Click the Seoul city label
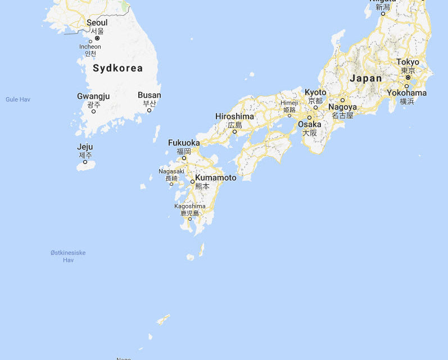[97, 22]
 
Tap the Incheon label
[90, 47]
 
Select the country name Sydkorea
[117, 69]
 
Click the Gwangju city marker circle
[93, 111]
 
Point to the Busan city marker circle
[149, 110]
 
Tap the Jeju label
[85, 147]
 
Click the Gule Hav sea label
[18, 99]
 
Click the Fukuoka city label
[184, 143]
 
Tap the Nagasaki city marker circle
[171, 184]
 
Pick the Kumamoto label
[216, 177]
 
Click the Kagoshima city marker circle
[190, 219]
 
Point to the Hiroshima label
[234, 116]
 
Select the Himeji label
[289, 103]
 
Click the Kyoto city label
[315, 92]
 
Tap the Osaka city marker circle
[309, 117]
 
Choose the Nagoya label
[342, 107]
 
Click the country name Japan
[365, 78]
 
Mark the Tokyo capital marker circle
[408, 78]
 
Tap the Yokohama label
[406, 93]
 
